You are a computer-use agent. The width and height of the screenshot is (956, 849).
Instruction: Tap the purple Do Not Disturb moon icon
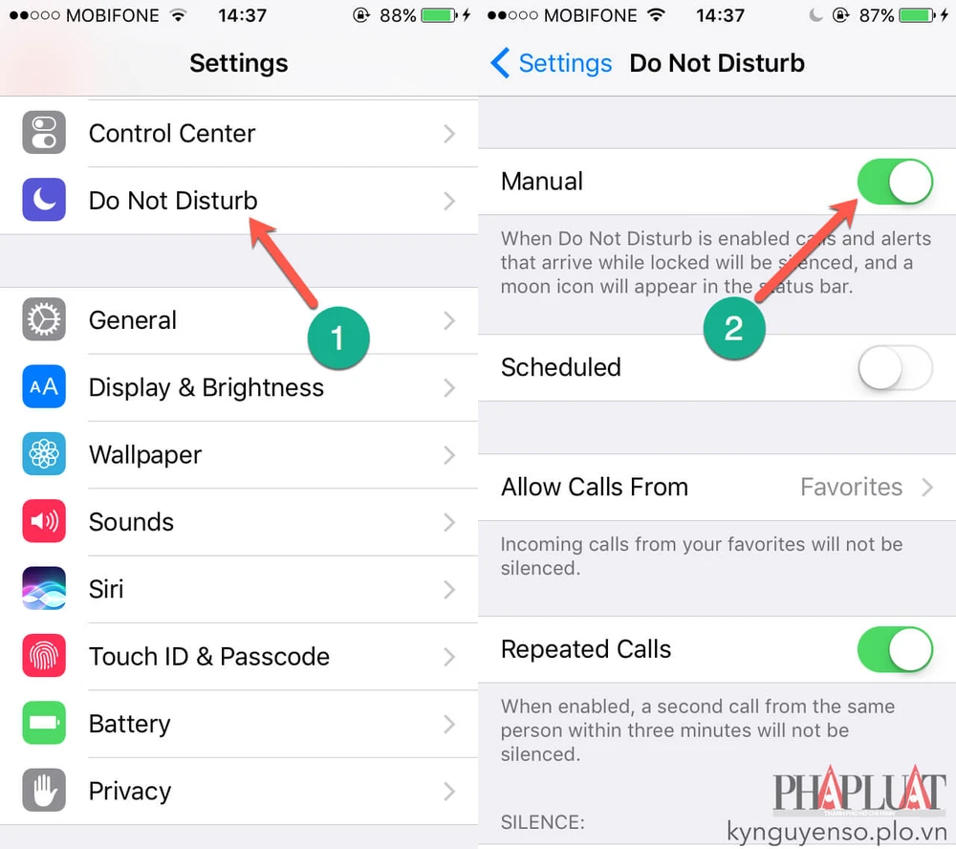tap(44, 200)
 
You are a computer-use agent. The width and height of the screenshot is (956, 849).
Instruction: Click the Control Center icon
tap(44, 132)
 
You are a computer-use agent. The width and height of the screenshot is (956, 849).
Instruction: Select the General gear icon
tap(44, 319)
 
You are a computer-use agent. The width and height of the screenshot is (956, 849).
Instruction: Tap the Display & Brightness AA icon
tap(44, 386)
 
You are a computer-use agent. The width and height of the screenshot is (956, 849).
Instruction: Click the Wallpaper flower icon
tap(44, 454)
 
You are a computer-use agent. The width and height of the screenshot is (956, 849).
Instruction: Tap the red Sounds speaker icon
tap(44, 521)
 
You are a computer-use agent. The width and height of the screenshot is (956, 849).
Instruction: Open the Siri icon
tap(44, 588)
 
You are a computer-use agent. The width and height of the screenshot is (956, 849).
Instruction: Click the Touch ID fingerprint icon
tap(44, 656)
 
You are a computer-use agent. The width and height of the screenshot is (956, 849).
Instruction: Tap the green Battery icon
tap(44, 723)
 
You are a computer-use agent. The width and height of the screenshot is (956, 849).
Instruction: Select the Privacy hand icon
tap(44, 790)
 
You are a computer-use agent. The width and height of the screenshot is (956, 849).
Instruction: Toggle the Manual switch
tap(895, 182)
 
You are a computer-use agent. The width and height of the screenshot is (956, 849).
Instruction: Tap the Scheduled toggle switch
tap(895, 368)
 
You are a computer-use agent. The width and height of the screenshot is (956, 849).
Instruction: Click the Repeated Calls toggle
tap(895, 649)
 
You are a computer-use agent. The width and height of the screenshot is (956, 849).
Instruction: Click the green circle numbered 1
tap(338, 337)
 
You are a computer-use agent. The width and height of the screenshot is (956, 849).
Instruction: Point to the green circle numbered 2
tap(734, 328)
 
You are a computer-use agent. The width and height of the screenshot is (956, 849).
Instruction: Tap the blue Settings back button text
tap(565, 63)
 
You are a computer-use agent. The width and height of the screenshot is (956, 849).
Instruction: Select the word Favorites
tap(851, 488)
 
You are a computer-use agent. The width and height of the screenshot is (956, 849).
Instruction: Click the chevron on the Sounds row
tap(449, 522)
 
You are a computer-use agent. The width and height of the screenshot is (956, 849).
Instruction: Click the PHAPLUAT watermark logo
tap(859, 791)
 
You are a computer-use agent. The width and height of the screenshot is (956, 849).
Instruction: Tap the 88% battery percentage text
tap(398, 15)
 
